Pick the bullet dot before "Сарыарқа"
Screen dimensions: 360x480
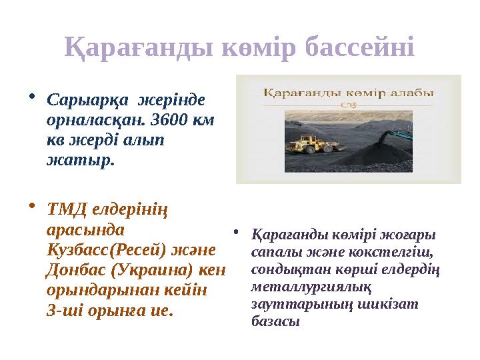click(34, 97)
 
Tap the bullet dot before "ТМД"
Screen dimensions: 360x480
click(34, 206)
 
